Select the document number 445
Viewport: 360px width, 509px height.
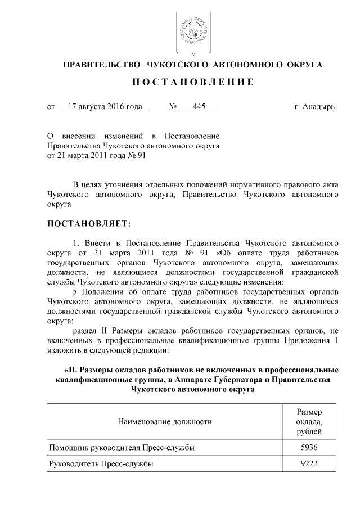[x=199, y=106]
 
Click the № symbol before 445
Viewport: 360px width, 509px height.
[x=173, y=106]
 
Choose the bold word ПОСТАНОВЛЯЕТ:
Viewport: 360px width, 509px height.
[x=88, y=224]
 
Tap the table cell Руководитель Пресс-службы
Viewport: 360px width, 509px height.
[x=101, y=464]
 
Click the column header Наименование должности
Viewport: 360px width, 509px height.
[x=165, y=421]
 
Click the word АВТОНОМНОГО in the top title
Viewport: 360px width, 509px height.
[x=247, y=65]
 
